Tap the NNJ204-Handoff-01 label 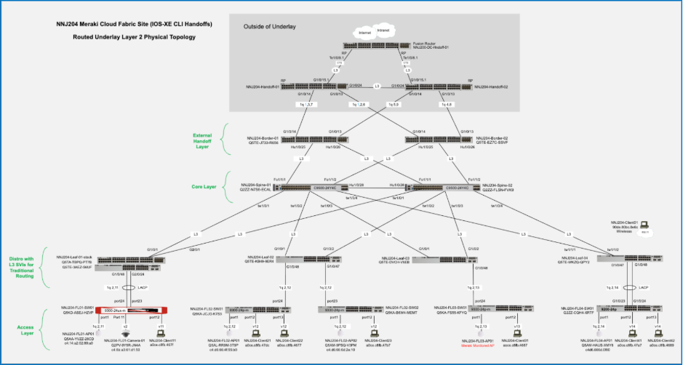pos(263,87)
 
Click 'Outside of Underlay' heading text pos(271,27)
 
